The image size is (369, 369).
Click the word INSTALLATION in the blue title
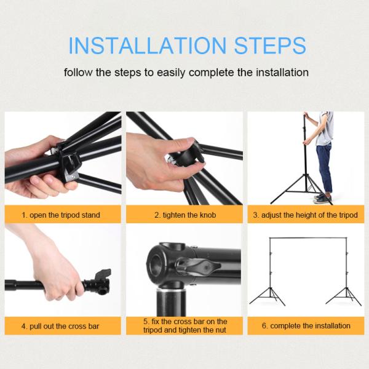pyautogui.click(x=148, y=46)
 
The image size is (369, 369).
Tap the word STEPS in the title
pyautogui.click(x=270, y=46)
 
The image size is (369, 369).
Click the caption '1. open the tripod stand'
pyautogui.click(x=61, y=215)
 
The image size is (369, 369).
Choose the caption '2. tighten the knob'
pyautogui.click(x=185, y=215)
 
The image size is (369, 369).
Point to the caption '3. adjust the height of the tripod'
pyautogui.click(x=305, y=215)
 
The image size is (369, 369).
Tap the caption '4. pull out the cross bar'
pyautogui.click(x=60, y=326)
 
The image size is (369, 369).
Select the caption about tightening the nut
pyautogui.click(x=185, y=326)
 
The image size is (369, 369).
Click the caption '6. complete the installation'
pyautogui.click(x=306, y=326)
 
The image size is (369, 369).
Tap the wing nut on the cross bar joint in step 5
pyautogui.click(x=200, y=265)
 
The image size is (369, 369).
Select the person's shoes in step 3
pyautogui.click(x=322, y=199)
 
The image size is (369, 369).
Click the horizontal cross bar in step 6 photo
pyautogui.click(x=308, y=238)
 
